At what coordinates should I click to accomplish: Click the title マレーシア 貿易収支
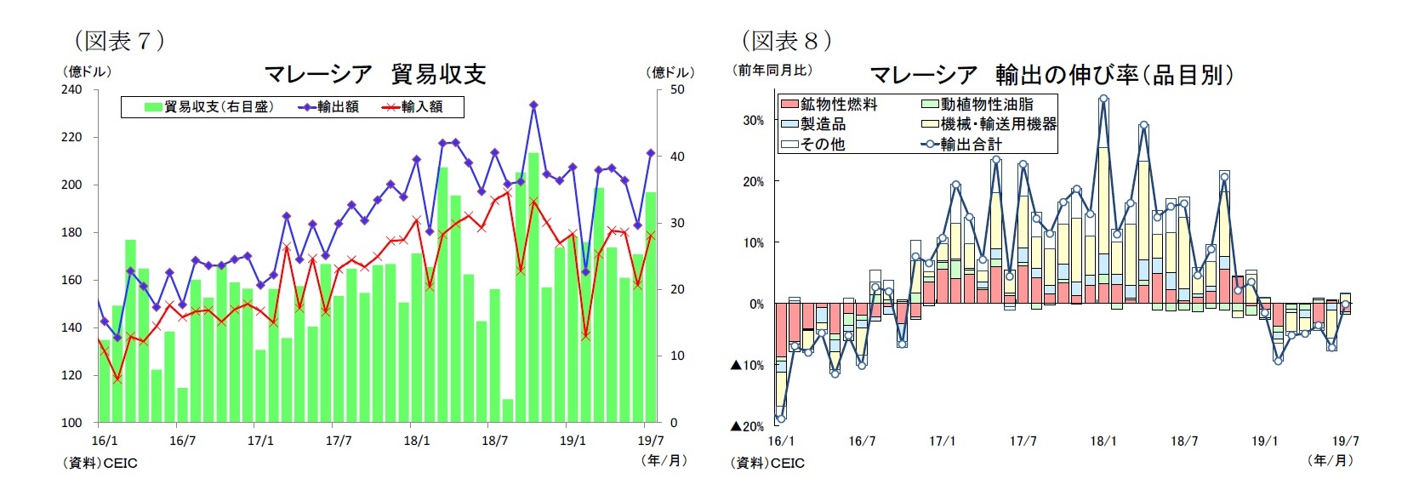click(374, 75)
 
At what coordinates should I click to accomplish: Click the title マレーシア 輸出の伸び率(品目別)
click(1051, 75)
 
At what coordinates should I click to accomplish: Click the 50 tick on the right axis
click(677, 89)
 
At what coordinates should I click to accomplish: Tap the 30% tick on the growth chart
click(753, 121)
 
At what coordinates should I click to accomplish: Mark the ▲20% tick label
click(747, 426)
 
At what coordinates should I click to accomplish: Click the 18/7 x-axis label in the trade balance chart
click(494, 441)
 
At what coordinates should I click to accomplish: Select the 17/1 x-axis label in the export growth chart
click(942, 441)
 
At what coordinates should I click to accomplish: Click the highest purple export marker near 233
click(533, 105)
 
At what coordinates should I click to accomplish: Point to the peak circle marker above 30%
click(1103, 99)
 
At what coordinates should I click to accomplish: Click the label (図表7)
click(118, 41)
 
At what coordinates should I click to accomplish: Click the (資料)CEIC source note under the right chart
click(767, 463)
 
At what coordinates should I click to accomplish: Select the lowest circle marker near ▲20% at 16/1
click(780, 418)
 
